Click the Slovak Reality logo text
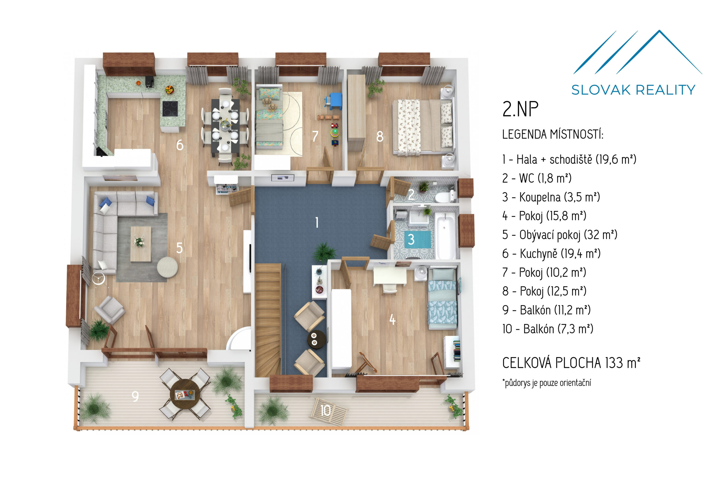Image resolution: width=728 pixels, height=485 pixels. pos(633,90)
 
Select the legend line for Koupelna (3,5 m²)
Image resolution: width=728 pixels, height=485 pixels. pos(551,197)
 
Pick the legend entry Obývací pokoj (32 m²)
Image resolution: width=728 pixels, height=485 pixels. pos(560,235)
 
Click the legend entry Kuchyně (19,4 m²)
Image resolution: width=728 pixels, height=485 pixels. pos(551,254)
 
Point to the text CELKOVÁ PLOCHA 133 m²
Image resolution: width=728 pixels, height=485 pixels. pos(571,362)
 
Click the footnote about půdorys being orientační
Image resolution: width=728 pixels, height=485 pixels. pos(546,383)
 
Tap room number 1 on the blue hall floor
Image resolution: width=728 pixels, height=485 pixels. pos(317,222)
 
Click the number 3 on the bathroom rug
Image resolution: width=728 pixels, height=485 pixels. pos(411,239)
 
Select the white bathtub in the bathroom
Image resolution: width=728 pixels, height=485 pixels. pos(445,236)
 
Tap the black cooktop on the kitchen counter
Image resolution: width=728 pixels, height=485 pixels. pos(170,109)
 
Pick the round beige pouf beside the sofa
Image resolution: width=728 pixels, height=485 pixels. pos(167,267)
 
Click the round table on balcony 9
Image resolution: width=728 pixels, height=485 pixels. pos(185,394)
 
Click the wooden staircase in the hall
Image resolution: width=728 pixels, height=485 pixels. pos(268,320)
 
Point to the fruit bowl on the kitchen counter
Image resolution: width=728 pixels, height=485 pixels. pos(169,90)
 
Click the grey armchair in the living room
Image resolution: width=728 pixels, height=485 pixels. pos(110,310)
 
